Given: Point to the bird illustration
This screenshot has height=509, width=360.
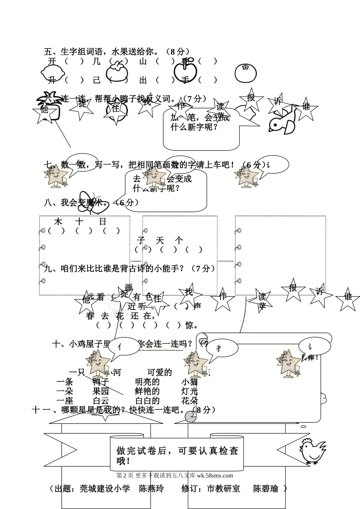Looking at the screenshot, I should tap(283, 121).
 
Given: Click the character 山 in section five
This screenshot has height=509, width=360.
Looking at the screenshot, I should tap(143, 61).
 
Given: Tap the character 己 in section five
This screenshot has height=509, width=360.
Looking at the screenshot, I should tap(97, 80).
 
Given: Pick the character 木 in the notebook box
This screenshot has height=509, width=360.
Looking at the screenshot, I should tap(58, 221).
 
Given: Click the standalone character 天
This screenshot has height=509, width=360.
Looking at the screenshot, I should tap(160, 240).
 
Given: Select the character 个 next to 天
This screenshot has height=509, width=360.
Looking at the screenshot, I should tap(179, 240).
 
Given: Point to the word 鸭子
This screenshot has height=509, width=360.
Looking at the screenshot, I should tap(101, 382).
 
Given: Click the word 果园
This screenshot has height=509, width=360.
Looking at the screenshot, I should tap(101, 391).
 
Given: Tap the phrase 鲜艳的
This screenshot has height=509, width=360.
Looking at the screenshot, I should tap(147, 391).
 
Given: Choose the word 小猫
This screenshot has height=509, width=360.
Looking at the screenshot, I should tap(189, 382).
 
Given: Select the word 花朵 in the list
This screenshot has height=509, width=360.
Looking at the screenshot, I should tap(189, 401).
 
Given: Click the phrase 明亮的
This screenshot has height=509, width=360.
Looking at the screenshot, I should tap(147, 382).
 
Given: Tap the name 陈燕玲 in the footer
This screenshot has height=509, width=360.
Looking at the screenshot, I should tap(151, 489).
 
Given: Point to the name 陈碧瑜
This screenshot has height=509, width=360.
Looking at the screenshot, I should tap(266, 489).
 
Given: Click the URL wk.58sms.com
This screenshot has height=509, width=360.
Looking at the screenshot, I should tap(215, 476).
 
